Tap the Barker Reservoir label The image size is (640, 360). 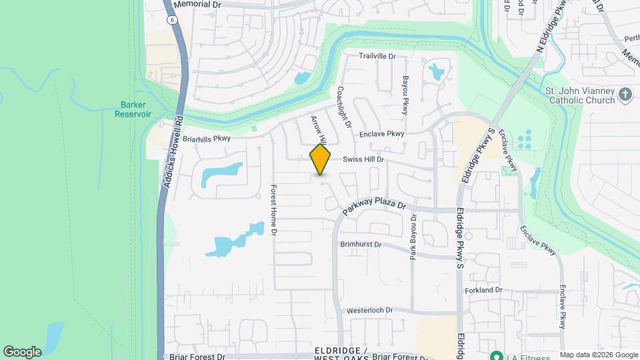pos(136,109)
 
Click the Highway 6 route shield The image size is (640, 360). pos(173,21)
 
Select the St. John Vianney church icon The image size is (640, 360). pos(625,95)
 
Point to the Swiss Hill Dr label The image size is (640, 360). pos(363,160)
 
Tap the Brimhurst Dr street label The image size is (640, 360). pos(361,245)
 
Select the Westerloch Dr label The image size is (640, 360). pos(370,311)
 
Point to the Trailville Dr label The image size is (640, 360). pos(377,57)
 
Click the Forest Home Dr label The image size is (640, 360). pos(273,211)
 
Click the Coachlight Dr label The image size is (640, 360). pos(344,107)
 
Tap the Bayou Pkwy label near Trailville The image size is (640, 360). pos(405,95)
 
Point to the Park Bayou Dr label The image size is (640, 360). pos(413,237)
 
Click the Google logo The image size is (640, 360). pos(22,351)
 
